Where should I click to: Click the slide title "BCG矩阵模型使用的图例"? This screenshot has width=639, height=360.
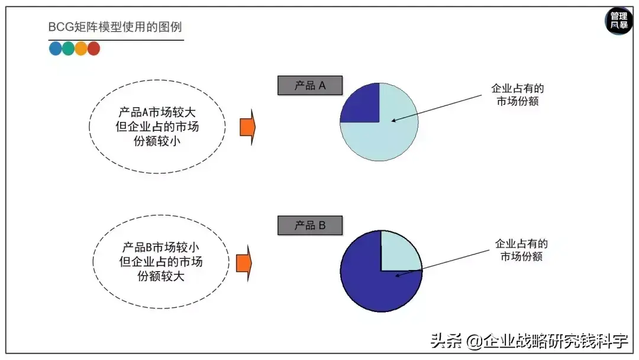click(x=115, y=28)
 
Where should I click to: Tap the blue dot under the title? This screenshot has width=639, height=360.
click(x=56, y=49)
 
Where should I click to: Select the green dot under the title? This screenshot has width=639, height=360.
click(x=68, y=49)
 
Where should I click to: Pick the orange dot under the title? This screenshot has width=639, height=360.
click(x=81, y=49)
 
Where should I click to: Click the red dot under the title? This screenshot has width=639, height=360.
click(x=93, y=49)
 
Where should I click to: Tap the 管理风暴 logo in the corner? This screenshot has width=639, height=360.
click(x=619, y=21)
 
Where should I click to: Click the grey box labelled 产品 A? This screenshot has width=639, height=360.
click(x=310, y=86)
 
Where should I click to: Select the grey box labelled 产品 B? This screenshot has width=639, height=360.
click(x=310, y=226)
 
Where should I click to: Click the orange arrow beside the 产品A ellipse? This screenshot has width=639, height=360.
click(x=247, y=127)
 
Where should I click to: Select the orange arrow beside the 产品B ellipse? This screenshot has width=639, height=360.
click(x=244, y=263)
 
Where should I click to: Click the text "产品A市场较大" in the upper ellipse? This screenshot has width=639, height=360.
click(x=157, y=111)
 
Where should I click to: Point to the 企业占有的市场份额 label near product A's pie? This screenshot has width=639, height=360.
click(x=518, y=95)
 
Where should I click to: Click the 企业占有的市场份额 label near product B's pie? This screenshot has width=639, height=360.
click(x=521, y=250)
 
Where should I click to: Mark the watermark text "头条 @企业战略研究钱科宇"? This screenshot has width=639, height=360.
click(x=528, y=341)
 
